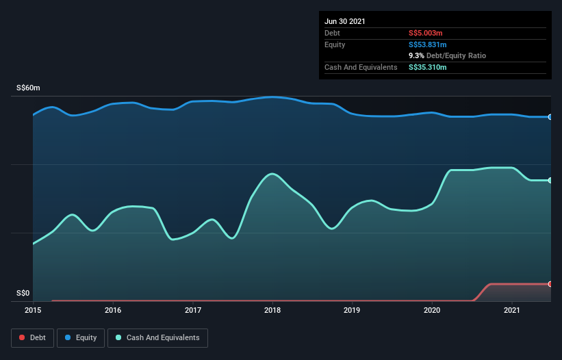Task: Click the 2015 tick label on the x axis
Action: (x=33, y=310)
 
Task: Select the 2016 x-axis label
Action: (x=113, y=310)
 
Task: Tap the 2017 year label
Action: (x=193, y=310)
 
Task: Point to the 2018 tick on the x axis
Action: (x=272, y=310)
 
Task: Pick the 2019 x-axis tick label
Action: (x=353, y=310)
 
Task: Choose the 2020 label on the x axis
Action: (x=433, y=310)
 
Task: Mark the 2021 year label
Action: (x=512, y=310)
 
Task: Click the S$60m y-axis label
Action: (x=28, y=88)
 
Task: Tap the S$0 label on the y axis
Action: (x=23, y=294)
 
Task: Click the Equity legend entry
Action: (x=80, y=337)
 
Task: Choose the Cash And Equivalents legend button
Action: (x=157, y=337)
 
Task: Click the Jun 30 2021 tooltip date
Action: (x=345, y=21)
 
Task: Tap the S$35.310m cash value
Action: (x=428, y=67)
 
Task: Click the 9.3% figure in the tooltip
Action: (x=416, y=55)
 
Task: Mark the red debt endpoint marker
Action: (x=550, y=283)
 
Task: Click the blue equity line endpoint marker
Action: (x=550, y=117)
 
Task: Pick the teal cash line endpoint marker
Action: (x=550, y=180)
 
